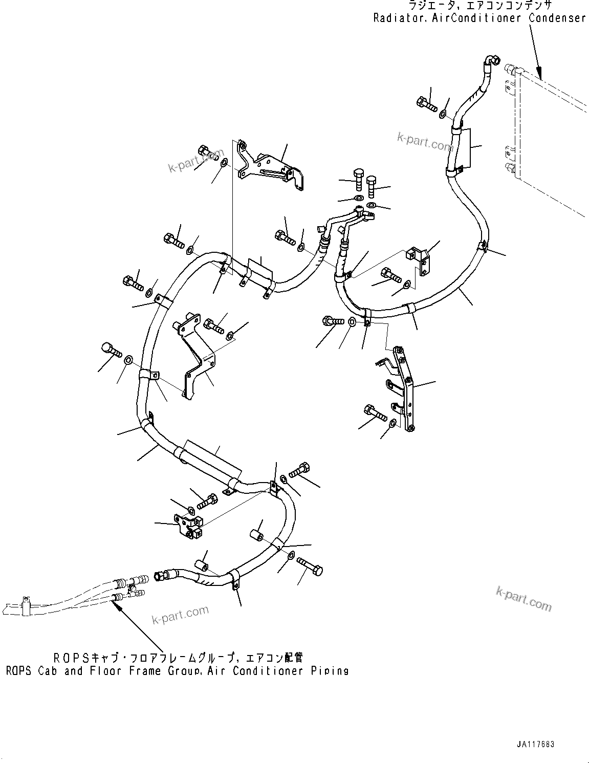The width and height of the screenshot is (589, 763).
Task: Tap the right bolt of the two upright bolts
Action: [x=372, y=185]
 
